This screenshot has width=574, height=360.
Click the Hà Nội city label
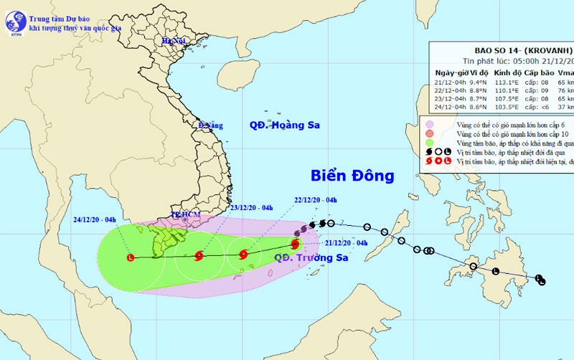click(x=173, y=41)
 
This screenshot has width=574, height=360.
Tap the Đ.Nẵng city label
click(x=212, y=125)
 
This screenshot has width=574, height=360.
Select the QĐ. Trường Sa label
click(x=310, y=257)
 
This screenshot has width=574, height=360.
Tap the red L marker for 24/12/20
click(x=130, y=257)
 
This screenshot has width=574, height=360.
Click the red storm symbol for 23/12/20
click(x=199, y=255)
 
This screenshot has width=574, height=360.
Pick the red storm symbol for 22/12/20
click(x=243, y=253)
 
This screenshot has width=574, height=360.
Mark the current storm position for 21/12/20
click(x=296, y=243)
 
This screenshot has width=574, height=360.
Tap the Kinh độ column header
click(x=507, y=73)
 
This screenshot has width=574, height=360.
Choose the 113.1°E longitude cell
click(x=507, y=82)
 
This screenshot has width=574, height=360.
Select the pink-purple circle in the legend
click(x=428, y=125)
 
